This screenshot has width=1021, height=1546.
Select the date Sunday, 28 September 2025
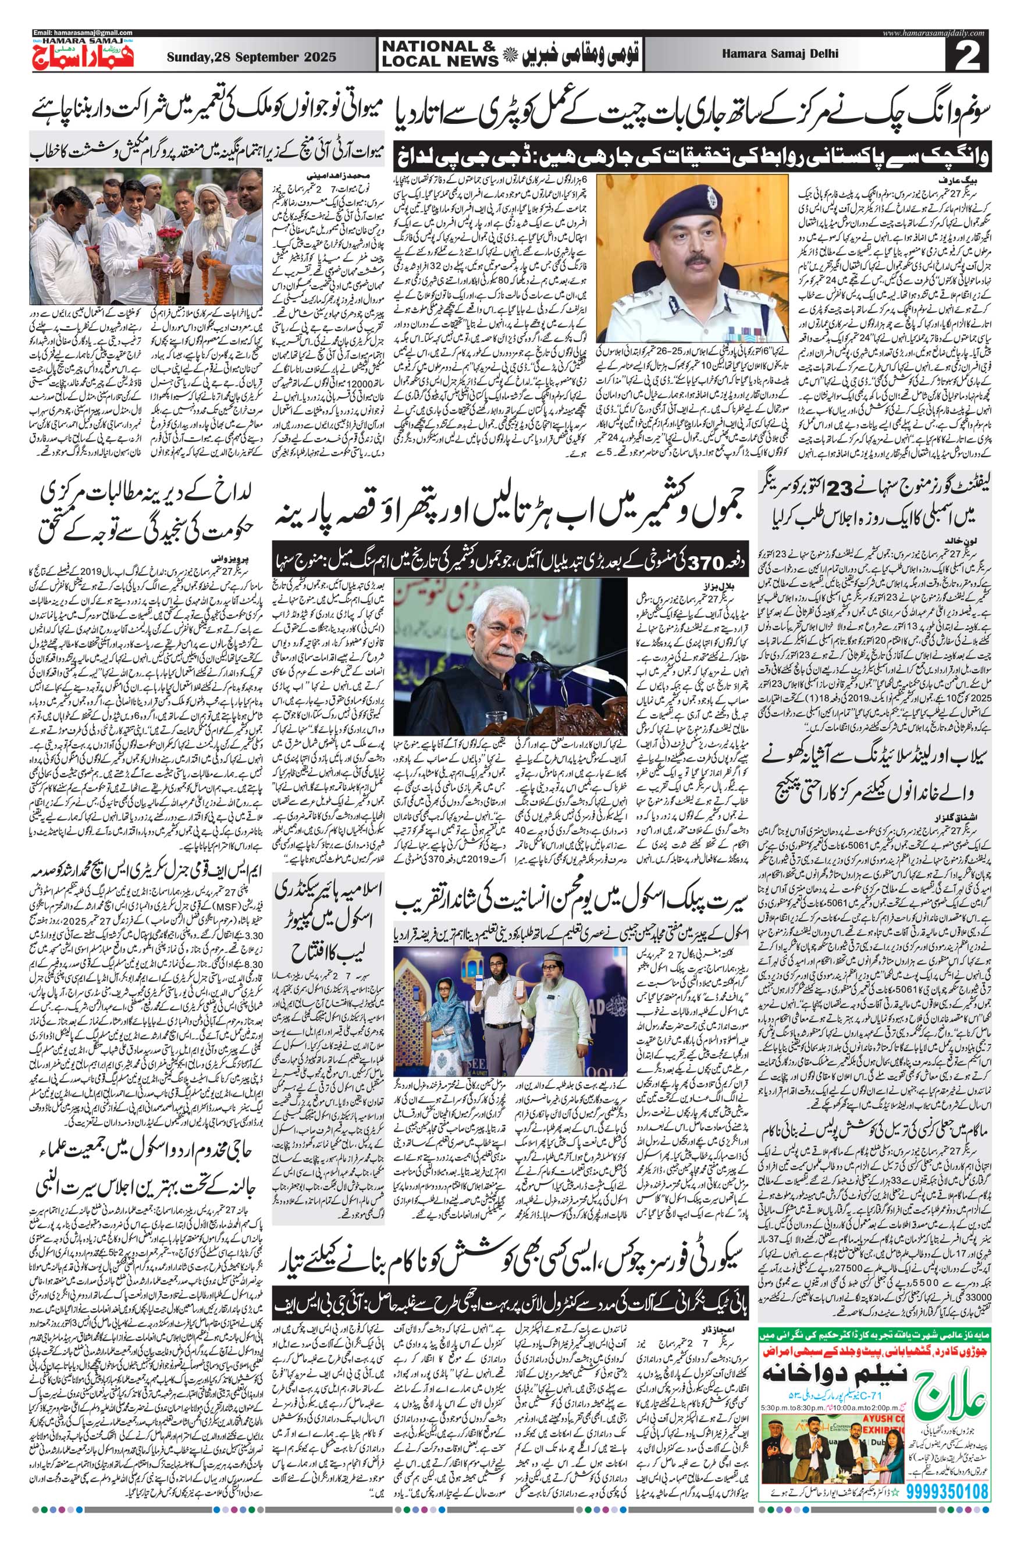(251, 57)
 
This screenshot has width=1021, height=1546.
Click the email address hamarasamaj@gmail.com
(83, 33)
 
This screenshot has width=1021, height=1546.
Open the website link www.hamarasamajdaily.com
(935, 33)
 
